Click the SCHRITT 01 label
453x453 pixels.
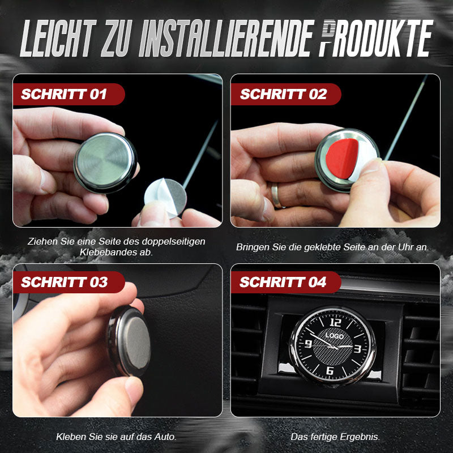(x=63, y=94)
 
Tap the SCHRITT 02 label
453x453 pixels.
(x=283, y=94)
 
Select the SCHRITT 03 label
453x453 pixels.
(x=64, y=282)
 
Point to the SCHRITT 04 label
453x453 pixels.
(x=283, y=282)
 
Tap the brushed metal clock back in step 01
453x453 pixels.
(x=105, y=161)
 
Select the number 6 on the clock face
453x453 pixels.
(x=330, y=370)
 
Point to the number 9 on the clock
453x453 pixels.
(x=309, y=344)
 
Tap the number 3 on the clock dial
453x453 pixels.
(x=357, y=349)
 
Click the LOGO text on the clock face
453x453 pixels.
(x=334, y=335)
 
